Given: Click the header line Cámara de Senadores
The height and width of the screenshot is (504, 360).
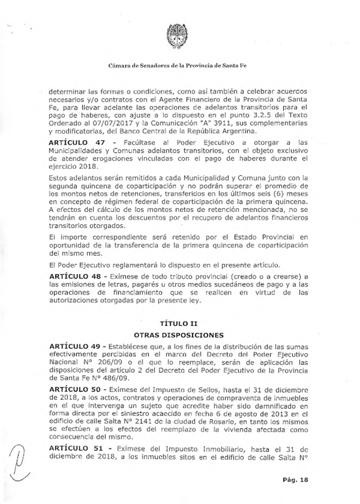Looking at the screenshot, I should (x=177, y=66).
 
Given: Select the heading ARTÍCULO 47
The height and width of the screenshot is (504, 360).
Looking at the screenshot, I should (x=77, y=143).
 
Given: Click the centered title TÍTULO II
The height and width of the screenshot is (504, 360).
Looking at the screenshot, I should (x=178, y=323).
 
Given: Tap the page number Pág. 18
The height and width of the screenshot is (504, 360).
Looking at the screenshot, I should (x=296, y=480).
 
